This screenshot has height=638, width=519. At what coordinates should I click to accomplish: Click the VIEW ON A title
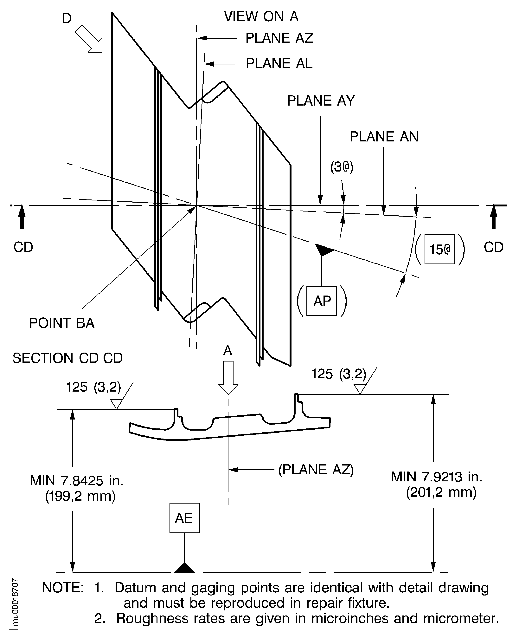pyautogui.click(x=261, y=16)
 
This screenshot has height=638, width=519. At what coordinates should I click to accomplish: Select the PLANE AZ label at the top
pyautogui.click(x=279, y=38)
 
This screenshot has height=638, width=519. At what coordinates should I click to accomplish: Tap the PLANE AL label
pyautogui.click(x=279, y=63)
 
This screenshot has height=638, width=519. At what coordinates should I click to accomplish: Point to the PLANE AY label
pyautogui.click(x=320, y=101)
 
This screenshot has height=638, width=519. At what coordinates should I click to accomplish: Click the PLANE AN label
pyautogui.click(x=384, y=137)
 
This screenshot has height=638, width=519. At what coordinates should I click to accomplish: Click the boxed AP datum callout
pyautogui.click(x=322, y=301)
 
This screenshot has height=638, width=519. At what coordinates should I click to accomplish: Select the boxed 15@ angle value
pyautogui.click(x=439, y=249)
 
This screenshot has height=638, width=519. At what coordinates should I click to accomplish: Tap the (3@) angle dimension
pyautogui.click(x=342, y=167)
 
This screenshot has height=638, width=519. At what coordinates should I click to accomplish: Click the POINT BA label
pyautogui.click(x=62, y=323)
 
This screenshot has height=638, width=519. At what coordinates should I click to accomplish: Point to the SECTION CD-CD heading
pyautogui.click(x=67, y=358)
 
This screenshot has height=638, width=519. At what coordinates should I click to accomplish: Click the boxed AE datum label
pyautogui.click(x=184, y=518)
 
